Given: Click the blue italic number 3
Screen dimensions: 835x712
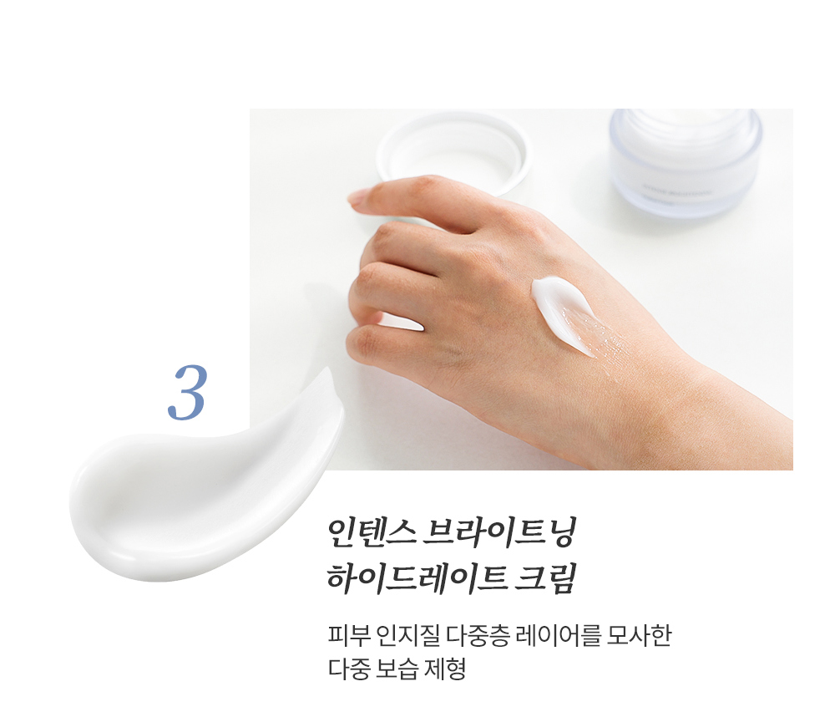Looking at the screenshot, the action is click(186, 393).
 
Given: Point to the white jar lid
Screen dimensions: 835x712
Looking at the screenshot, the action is click(452, 155).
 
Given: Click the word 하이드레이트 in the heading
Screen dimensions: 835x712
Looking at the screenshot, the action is click(417, 577).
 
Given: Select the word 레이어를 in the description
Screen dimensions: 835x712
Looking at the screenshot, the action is click(559, 636).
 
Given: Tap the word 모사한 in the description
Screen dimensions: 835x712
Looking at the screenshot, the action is click(640, 636).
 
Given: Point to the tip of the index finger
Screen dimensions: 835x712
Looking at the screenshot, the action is click(352, 200).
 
